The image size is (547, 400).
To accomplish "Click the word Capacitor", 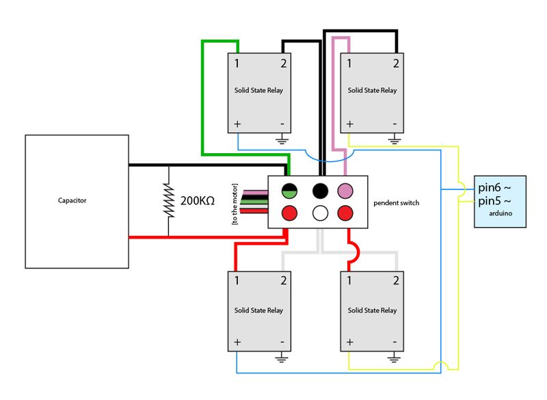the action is coord(72,200).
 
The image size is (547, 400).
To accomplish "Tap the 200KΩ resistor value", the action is coord(198,200).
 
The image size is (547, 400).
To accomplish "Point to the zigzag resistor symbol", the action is coord(169,200).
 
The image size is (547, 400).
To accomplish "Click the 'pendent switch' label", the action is coord(397,203).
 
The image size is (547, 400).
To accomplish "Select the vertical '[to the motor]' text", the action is coord(235,204).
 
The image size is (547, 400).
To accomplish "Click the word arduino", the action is coord(501,213).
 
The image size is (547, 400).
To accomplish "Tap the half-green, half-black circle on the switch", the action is coord(289,191).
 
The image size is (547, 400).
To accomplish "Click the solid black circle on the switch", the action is coord(320,191).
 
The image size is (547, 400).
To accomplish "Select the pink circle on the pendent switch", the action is coord(345,191).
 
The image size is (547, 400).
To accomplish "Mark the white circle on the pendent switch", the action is coord(320,213).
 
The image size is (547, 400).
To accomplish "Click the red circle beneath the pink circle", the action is coord(345,213).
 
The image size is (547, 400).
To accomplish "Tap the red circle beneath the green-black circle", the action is coord(289,213).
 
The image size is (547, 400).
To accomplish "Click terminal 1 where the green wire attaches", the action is coord(237,64).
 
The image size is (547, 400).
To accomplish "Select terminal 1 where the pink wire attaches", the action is coord(349,64).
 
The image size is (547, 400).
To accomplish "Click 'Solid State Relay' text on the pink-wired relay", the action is coord(372,90).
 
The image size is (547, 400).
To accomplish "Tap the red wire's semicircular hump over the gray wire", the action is coord(356,251).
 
